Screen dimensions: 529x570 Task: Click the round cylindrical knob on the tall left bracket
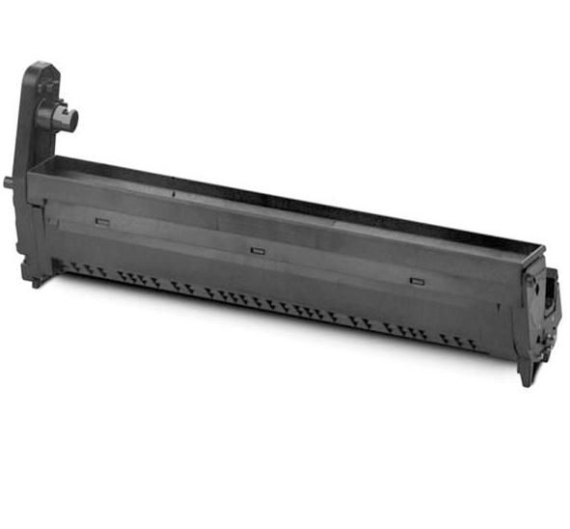point(68,119)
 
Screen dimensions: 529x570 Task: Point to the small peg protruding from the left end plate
point(11,181)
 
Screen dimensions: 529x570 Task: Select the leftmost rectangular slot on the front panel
point(102,221)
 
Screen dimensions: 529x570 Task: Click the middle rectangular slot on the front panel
point(257,250)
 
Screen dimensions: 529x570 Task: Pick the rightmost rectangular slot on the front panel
point(417,281)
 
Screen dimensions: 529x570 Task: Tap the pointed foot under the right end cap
point(526,377)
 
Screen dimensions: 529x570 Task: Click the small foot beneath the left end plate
point(36,282)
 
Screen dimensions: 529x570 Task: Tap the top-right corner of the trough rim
point(542,248)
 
